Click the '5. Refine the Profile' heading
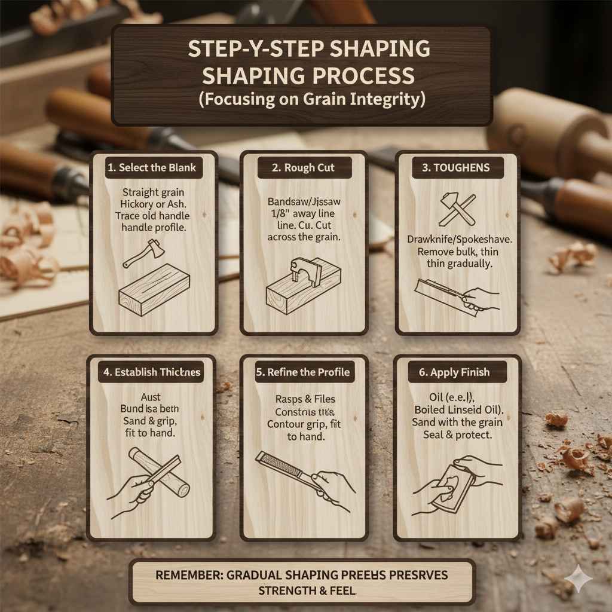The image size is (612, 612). pos(303,372)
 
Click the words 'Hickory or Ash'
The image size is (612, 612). pos(154,204)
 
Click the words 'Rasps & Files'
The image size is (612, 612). pos(305,399)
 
